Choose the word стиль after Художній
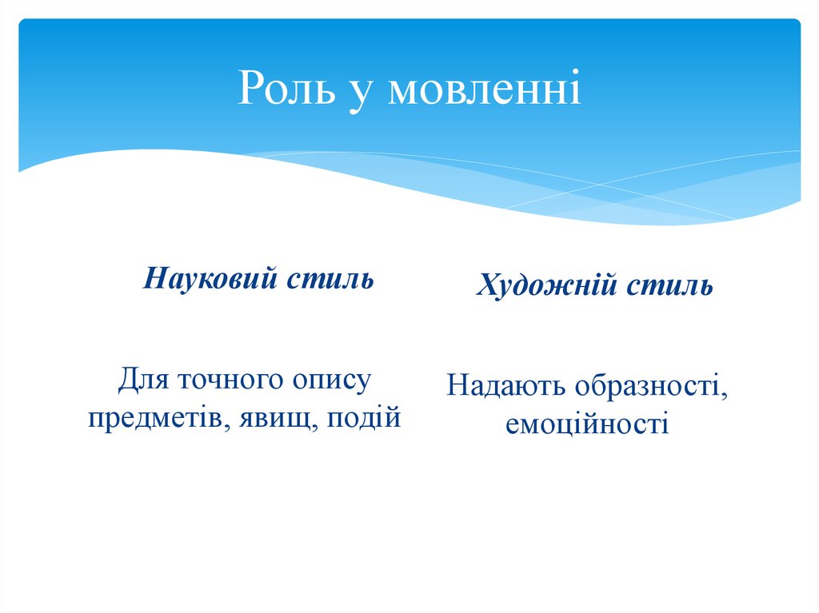pyautogui.click(x=669, y=286)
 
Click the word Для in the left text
pyautogui.click(x=142, y=379)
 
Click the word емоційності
pyautogui.click(x=586, y=424)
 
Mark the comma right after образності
pyautogui.click(x=726, y=395)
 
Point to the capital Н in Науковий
pyautogui.click(x=154, y=280)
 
